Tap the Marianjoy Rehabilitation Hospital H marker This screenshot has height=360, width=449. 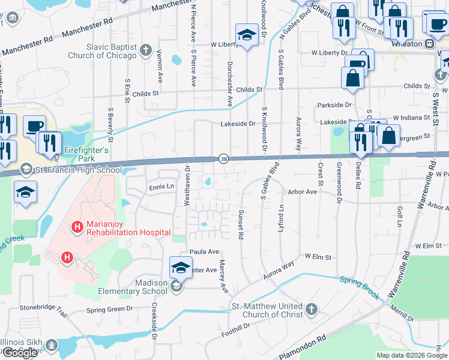pos(77,227)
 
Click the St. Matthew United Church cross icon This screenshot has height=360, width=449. pos(311,310)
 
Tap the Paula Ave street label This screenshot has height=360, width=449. pos(204,252)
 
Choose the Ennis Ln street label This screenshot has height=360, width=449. pos(161,187)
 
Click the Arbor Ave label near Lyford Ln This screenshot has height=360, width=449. pos(302,192)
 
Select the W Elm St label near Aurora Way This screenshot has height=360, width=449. pos(318,257)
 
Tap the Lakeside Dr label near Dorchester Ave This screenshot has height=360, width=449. pos(243,124)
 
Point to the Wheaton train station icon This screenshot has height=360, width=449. pos(429,44)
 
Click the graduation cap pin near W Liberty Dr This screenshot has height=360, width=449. pos(246,35)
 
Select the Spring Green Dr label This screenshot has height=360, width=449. pos(109,310)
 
